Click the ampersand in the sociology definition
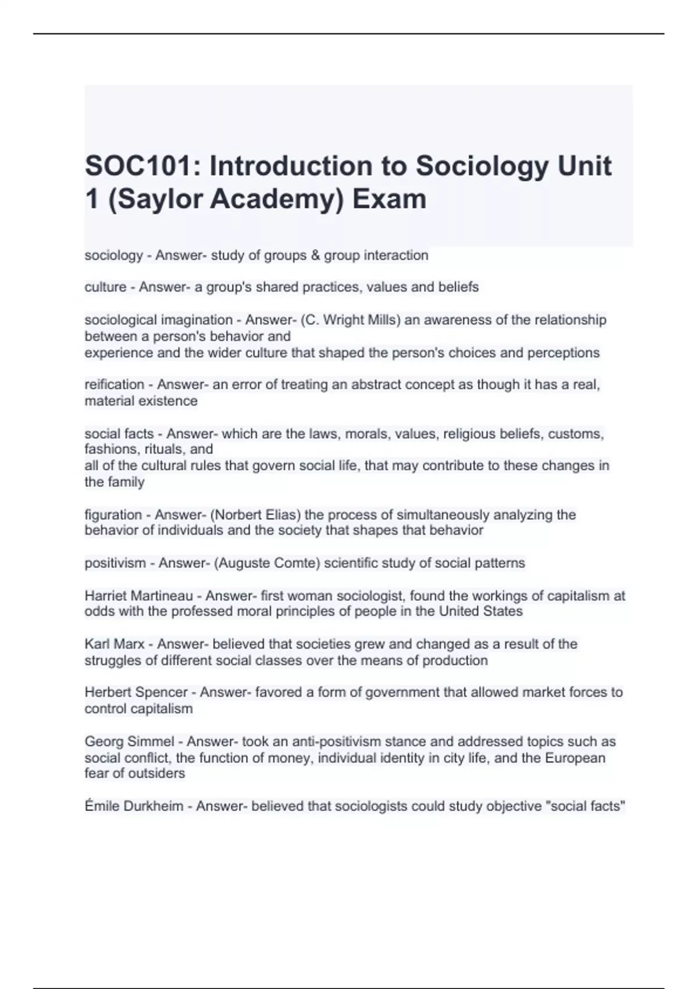tap(316, 255)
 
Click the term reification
tap(114, 385)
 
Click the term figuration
tap(113, 515)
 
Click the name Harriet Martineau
tap(138, 596)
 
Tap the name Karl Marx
tap(114, 644)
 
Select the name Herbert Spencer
tap(136, 692)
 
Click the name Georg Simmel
tap(129, 742)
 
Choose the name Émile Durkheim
tap(134, 806)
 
